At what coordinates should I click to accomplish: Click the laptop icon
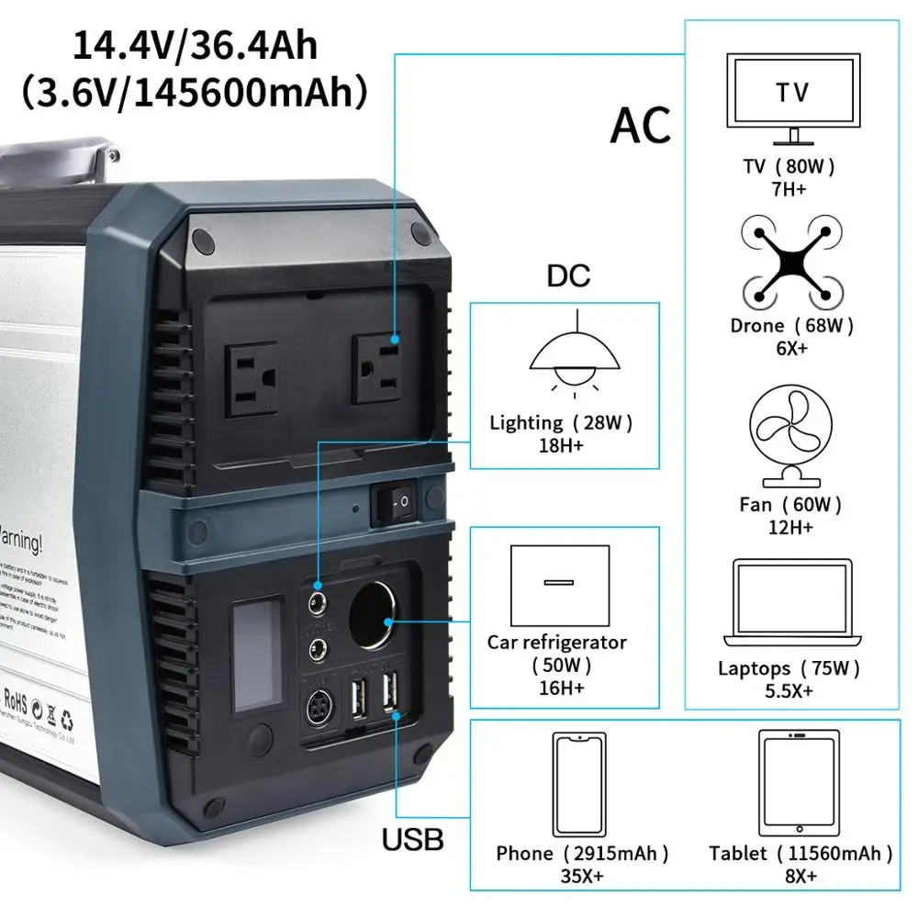tap(791, 604)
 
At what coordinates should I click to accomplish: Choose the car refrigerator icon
tap(559, 582)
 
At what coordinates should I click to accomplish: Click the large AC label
tap(641, 125)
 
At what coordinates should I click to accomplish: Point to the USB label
tap(412, 838)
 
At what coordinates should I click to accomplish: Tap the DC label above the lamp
tap(569, 276)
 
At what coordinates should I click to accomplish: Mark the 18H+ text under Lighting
tap(562, 446)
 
